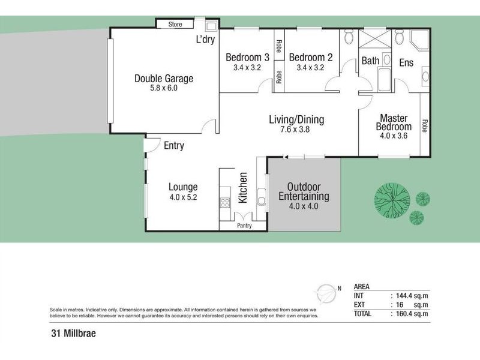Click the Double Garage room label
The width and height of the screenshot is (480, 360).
coord(164,78)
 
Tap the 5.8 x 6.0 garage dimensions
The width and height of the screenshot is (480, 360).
coord(164,88)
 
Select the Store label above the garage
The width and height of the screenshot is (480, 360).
coord(175,25)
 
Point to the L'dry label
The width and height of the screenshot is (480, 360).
coord(206,41)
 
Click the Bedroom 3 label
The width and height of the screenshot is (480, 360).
coord(247,58)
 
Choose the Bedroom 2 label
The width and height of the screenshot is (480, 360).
coord(310,58)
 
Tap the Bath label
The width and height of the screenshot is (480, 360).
coord(370,61)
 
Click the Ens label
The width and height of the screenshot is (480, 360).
coord(406,62)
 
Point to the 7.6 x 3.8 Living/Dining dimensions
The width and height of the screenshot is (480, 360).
coord(296,130)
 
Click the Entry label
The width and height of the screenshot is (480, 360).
coord(173,146)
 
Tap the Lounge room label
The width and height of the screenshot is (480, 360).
coord(183,187)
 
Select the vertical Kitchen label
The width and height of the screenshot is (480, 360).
coord(244,187)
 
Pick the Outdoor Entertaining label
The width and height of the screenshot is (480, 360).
coord(304,191)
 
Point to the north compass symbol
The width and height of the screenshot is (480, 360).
coord(326,292)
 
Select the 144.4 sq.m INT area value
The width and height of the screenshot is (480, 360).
coord(412,295)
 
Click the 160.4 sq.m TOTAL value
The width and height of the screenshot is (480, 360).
coord(412,313)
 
